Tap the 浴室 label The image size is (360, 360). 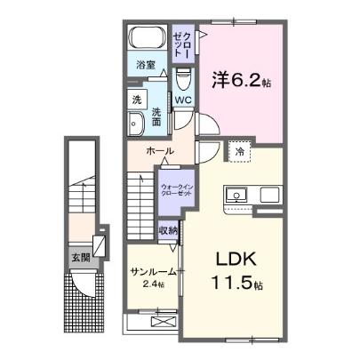(146, 66)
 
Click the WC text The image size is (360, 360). (183, 100)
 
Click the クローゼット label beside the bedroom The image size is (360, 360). (181, 41)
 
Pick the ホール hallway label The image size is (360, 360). (160, 151)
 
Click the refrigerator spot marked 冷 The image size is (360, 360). (241, 153)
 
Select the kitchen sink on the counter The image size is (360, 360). (238, 194)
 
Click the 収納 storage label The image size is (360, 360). (169, 231)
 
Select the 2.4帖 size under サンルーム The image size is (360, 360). (145, 286)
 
